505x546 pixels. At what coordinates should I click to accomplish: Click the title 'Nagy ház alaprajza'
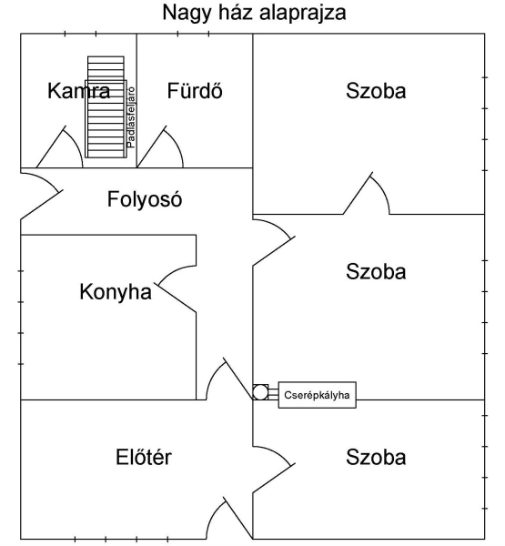pos(254,14)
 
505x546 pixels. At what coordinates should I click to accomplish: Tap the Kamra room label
pos(79,90)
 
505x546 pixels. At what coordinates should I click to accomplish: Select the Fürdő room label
pos(195,90)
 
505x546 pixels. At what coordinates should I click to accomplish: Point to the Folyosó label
pos(145,199)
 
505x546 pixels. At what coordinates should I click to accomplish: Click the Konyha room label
pos(116,292)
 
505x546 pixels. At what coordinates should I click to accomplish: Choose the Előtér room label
pos(144,457)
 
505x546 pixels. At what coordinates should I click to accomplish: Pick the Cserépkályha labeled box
pos(317,395)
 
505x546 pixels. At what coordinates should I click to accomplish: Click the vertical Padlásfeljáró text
pos(131,117)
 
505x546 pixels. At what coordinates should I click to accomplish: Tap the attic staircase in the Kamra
pos(106,106)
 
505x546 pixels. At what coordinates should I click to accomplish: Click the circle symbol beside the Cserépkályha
pos(259,392)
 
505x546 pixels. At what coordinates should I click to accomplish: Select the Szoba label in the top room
pos(376,90)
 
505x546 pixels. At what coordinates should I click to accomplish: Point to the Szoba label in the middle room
pos(376,271)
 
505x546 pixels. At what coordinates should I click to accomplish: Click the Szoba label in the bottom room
pos(376,457)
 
